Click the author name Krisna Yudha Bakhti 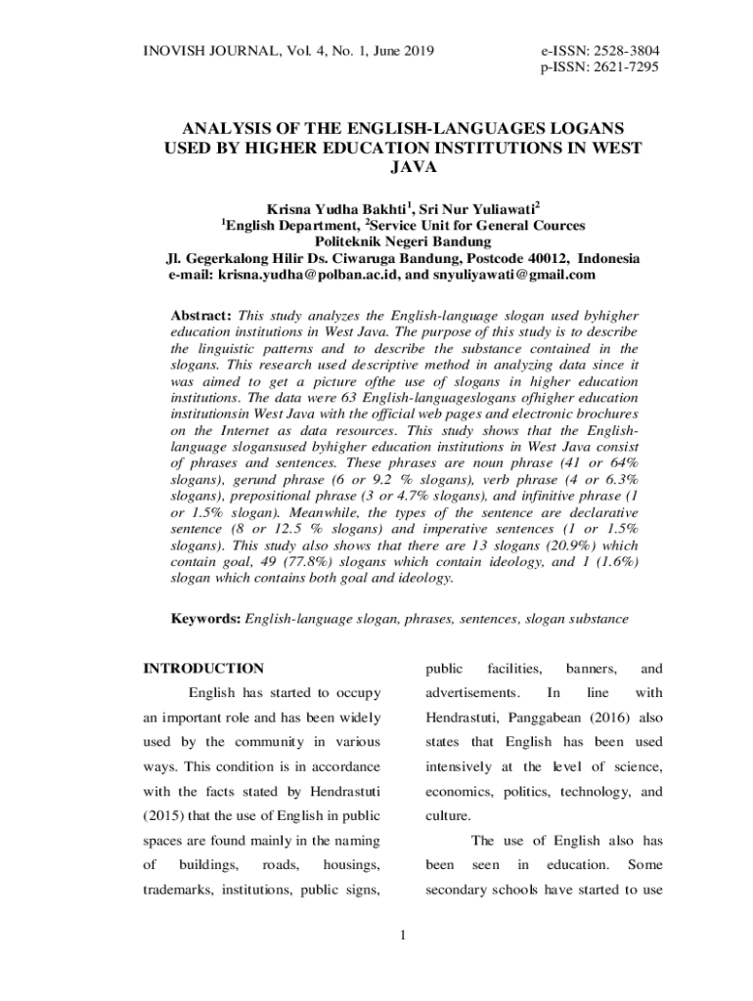tap(336, 209)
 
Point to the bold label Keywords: tap(205, 619)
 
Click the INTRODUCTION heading tap(203, 669)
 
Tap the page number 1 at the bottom tap(402, 938)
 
